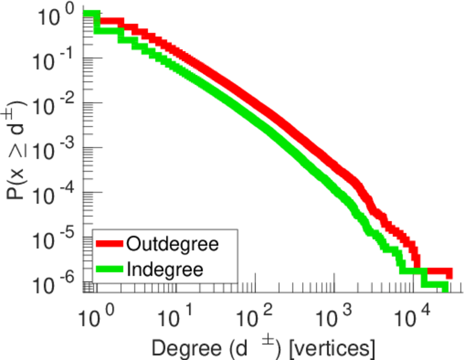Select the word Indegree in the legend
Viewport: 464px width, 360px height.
(165, 268)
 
